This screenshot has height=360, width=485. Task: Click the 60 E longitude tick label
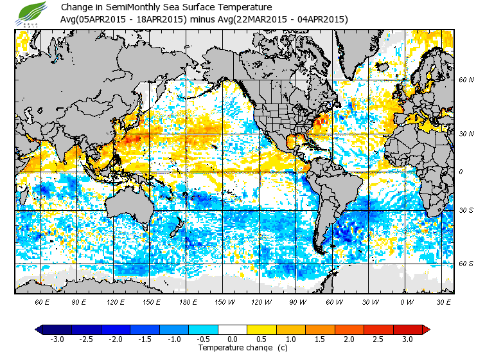[42, 301]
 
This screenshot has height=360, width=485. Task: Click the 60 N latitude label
[466, 80]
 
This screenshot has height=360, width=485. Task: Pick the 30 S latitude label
[466, 211]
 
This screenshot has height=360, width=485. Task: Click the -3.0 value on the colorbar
[57, 339]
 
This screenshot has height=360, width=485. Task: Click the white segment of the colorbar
[233, 329]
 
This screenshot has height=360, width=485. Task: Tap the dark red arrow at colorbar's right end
[426, 329]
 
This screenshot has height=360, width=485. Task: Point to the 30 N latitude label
[466, 133]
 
